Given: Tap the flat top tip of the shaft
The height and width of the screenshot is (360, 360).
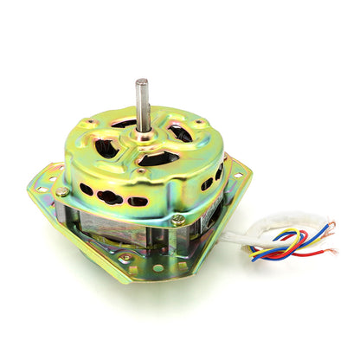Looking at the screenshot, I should tap(141, 81).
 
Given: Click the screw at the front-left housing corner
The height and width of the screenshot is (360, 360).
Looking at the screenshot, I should tap(64, 191).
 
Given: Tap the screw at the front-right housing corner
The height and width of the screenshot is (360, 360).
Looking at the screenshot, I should tap(177, 220).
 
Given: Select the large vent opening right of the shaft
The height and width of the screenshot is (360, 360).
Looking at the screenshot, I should tap(179, 134).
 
